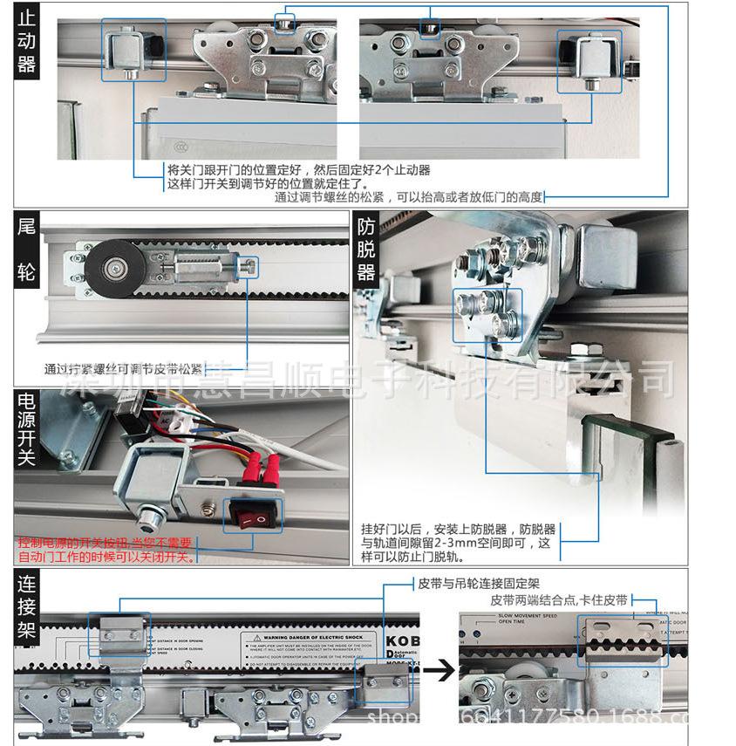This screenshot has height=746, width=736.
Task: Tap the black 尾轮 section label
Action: (27, 252)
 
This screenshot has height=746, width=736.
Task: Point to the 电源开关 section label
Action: (26, 428)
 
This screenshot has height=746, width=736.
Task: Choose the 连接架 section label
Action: (26, 606)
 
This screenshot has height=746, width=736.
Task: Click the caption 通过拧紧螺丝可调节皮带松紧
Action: (123, 368)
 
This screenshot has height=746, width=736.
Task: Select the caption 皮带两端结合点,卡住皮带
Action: (558, 600)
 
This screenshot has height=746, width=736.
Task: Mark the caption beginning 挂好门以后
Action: (457, 542)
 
